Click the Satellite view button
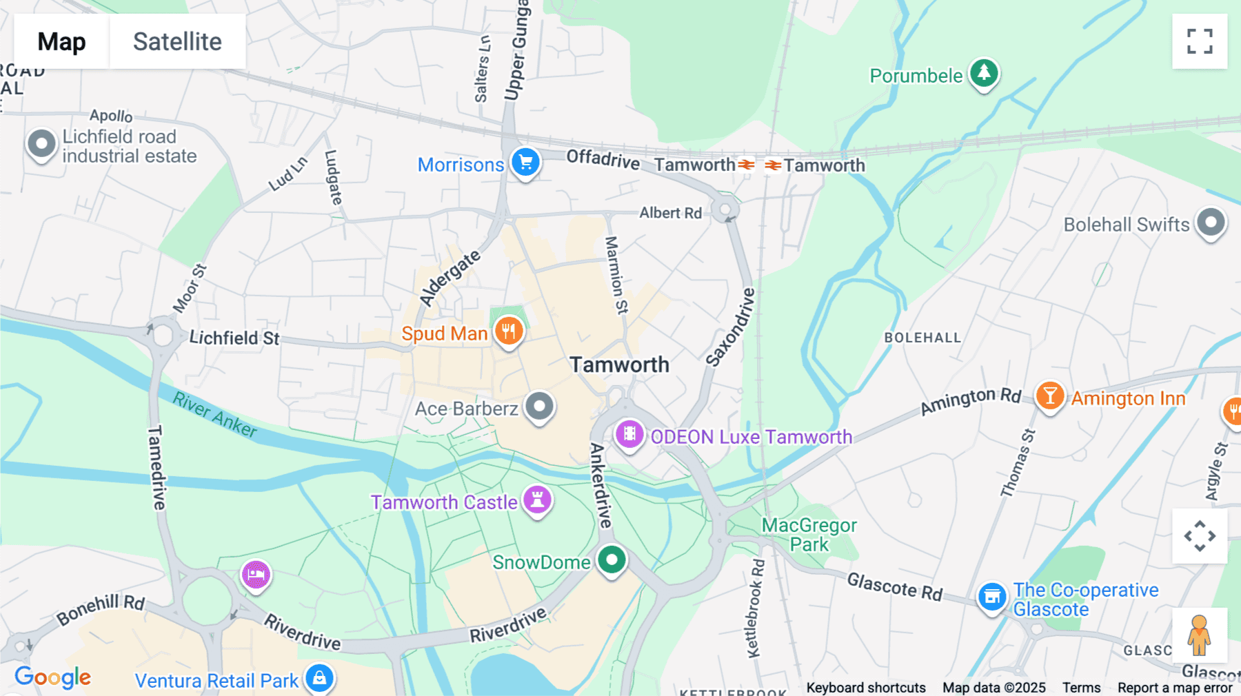point(177,41)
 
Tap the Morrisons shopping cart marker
point(525,163)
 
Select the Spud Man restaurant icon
point(509,331)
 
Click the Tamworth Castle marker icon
point(537,500)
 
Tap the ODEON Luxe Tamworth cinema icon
point(629,434)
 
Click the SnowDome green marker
point(612,560)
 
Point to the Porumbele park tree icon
point(984,73)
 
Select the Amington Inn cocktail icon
point(1050,396)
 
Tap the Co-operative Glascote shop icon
point(992,597)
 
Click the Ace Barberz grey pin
point(539,406)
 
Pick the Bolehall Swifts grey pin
point(1211,223)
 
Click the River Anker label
point(214,414)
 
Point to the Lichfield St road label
point(234,338)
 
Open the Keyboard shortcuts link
point(866,688)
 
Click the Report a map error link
point(1175,688)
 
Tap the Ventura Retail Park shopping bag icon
point(319,678)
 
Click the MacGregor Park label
point(809,535)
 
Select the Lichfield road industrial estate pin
point(41,145)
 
